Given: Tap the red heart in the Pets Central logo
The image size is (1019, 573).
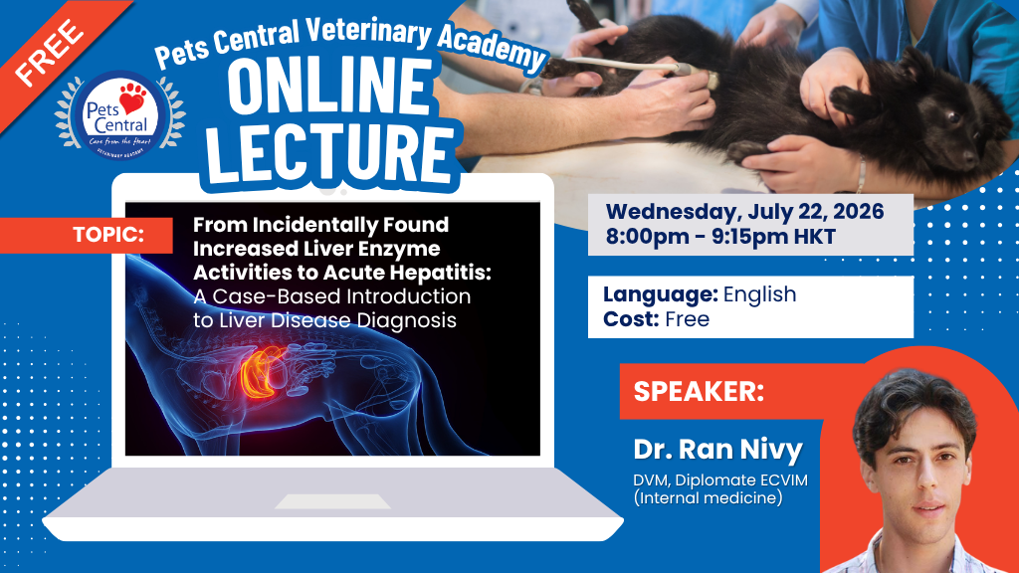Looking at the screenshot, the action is point(132,98).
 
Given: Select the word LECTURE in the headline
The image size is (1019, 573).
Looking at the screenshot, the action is point(330,152).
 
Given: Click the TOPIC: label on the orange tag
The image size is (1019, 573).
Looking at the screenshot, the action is point(108,235).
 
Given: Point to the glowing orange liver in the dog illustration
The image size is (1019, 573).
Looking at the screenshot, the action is point(263,374).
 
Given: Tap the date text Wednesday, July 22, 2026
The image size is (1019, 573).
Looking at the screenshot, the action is point(744,211).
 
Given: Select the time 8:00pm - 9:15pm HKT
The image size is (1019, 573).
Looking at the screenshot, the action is point(720,237).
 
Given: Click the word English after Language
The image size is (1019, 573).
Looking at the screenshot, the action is point(759,294).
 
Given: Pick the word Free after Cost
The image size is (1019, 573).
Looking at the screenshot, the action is point(687,319).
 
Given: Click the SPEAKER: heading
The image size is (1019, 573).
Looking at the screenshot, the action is point(699,391).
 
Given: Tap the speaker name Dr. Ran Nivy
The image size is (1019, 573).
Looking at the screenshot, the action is point(718,450).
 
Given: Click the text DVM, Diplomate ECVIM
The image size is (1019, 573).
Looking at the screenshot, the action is point(720,480).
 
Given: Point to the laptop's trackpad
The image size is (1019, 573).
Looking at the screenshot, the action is point(332,501).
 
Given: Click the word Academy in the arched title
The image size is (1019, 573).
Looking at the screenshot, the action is point(492,47).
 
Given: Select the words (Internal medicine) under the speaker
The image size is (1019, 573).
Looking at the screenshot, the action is point(708,498).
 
